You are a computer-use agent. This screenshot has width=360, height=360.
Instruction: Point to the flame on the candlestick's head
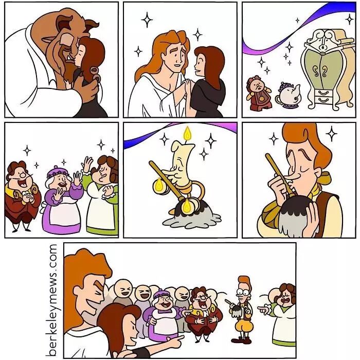pyautogui.click(x=187, y=135)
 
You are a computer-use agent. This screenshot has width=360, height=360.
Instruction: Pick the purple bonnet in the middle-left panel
pyautogui.click(x=59, y=172)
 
